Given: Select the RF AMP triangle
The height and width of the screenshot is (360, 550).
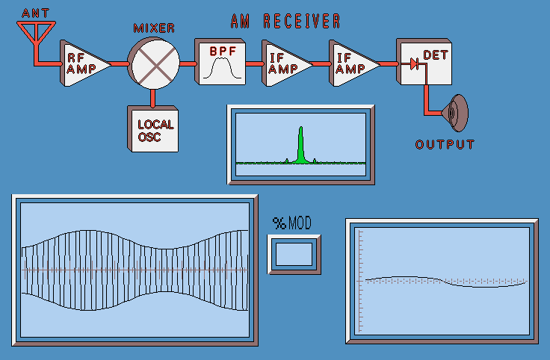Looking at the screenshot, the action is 85,63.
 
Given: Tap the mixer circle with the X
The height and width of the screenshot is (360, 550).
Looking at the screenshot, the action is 154,63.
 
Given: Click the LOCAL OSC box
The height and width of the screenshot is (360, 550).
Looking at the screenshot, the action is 153,129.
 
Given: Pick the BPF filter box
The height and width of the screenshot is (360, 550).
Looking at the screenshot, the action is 220,62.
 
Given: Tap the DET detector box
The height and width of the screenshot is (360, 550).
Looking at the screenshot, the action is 424,62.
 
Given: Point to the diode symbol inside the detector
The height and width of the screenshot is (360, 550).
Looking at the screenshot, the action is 414,64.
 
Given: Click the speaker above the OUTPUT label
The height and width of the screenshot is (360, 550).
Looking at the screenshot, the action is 455,113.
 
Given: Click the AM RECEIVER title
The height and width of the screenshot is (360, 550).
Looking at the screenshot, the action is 285,22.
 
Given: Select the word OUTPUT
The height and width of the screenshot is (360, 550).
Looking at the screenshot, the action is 445,144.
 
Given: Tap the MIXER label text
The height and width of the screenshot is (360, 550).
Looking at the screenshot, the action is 154,28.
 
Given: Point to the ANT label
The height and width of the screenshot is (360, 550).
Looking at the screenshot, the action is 36,13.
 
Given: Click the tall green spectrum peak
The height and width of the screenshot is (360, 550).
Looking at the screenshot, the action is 300,145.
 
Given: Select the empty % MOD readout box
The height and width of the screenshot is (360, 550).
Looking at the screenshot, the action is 294,254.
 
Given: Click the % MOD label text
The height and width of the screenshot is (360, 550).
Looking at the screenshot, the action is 292,223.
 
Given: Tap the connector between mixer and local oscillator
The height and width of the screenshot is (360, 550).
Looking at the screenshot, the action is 152,99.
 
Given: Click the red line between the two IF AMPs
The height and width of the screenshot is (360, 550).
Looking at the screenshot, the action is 321,63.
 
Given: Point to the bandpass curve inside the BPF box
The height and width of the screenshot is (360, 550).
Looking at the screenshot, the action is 223,68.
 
